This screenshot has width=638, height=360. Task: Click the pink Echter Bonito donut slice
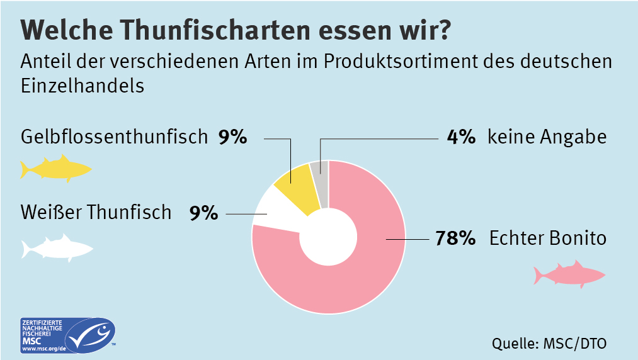pyautogui.click(x=353, y=283)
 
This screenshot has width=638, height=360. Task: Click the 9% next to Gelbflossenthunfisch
pyautogui.click(x=233, y=137)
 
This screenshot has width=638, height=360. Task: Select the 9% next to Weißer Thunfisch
pyautogui.click(x=203, y=212)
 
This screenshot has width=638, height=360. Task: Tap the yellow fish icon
pyautogui.click(x=55, y=169)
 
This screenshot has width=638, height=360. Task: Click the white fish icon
pyautogui.click(x=57, y=247)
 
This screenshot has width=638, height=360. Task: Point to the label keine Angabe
pyautogui.click(x=547, y=137)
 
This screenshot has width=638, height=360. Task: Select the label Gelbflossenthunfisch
pyautogui.click(x=114, y=137)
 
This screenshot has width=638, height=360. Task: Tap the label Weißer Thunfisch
pyautogui.click(x=96, y=212)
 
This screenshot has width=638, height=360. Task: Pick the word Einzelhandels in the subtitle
pyautogui.click(x=83, y=85)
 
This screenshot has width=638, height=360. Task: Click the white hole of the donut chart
pyautogui.click(x=328, y=237)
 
